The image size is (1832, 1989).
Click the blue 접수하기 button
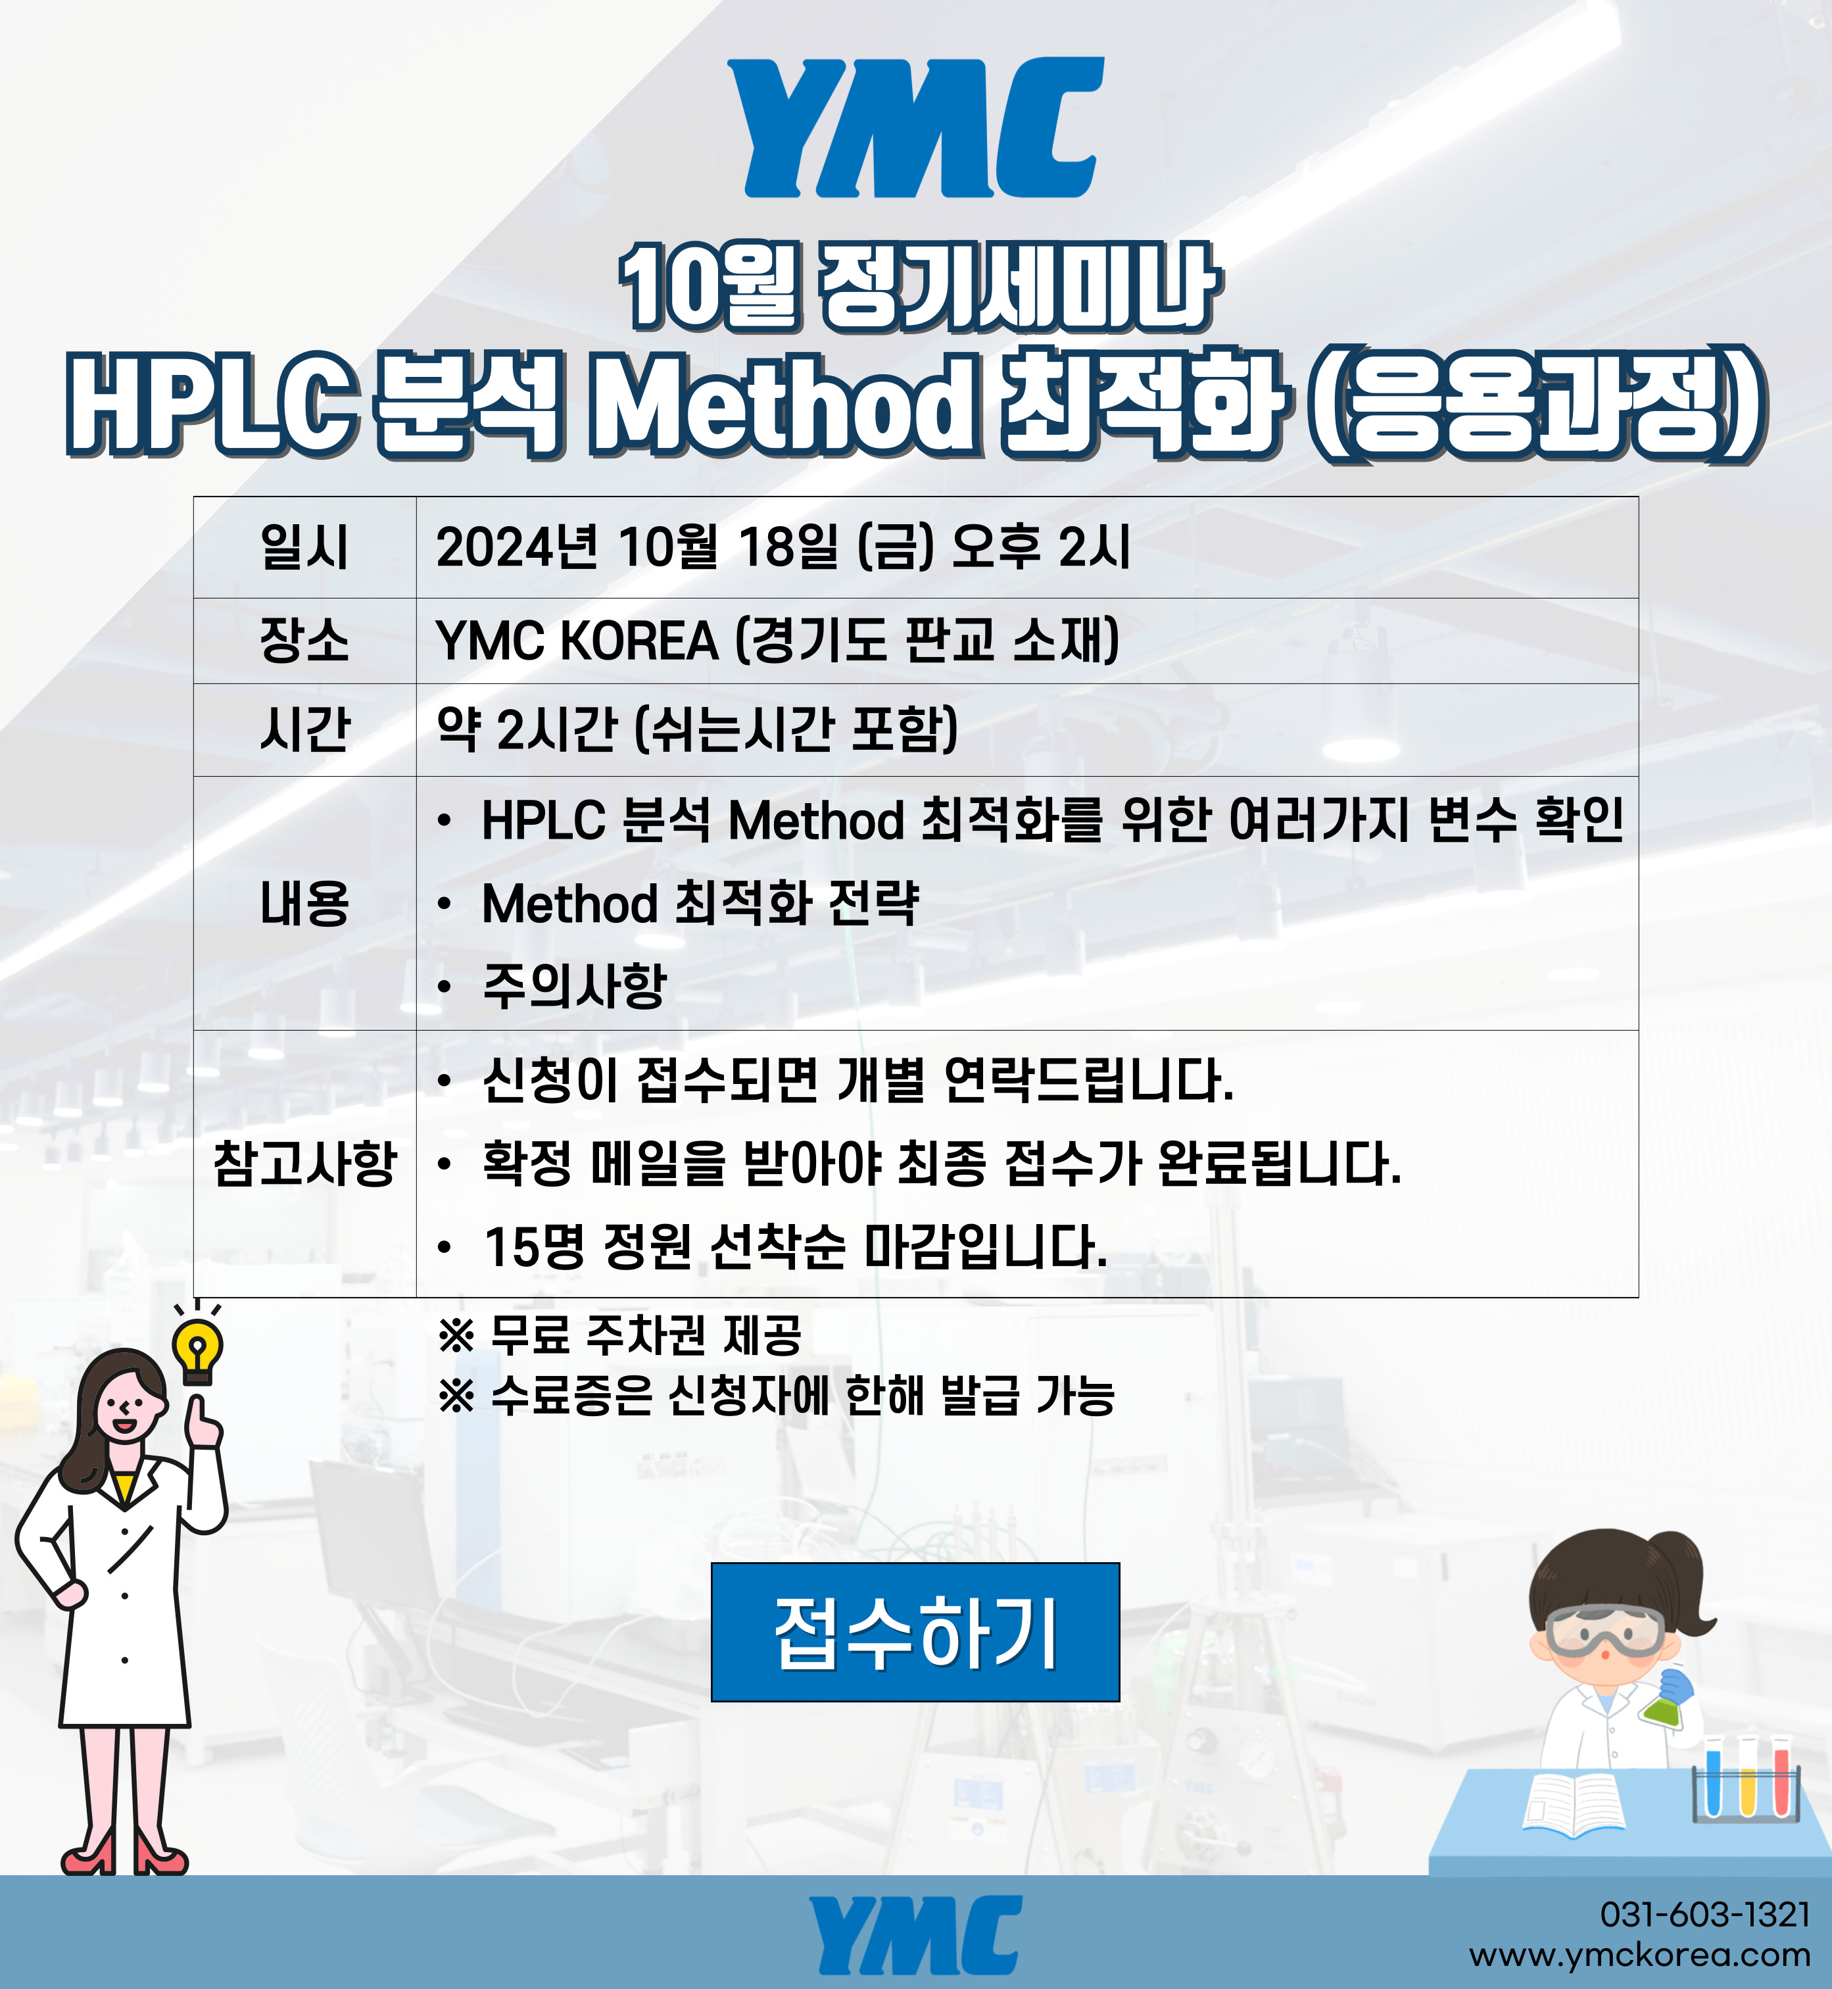pyautogui.click(x=915, y=1632)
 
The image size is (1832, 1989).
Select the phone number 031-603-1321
pyautogui.click(x=1705, y=1913)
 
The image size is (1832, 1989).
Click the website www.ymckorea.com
pyautogui.click(x=1640, y=1955)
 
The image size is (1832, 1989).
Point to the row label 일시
pyautogui.click(x=304, y=547)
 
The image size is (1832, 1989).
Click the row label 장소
pyautogui.click(x=304, y=639)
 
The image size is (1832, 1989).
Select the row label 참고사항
pyautogui.click(x=304, y=1163)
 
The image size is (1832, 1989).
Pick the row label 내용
pyautogui.click(x=304, y=903)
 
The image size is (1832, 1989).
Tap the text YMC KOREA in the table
pyautogui.click(x=577, y=639)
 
